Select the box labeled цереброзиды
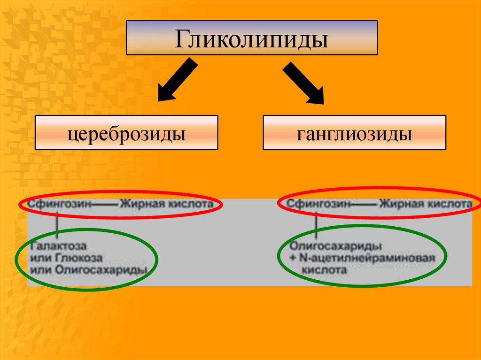126,133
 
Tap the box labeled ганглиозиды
354,133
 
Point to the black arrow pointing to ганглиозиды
303,83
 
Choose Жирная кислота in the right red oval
426,204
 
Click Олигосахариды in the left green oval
101,270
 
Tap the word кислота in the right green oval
325,270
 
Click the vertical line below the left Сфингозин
58,225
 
